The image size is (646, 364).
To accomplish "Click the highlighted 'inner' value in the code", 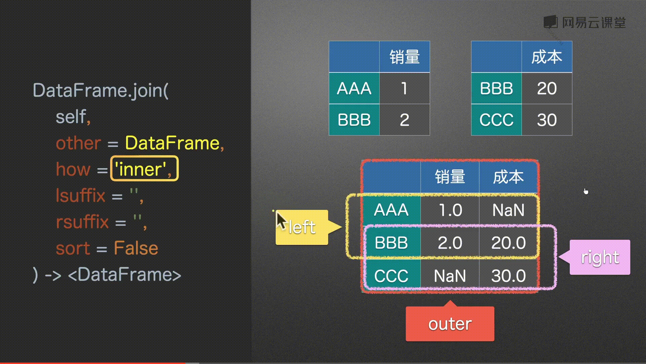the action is [x=144, y=169].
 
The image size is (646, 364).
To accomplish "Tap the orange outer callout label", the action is [x=450, y=324].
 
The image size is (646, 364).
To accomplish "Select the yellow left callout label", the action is [x=302, y=227].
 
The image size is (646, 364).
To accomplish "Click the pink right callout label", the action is [x=600, y=257].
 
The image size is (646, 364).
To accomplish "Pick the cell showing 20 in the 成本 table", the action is [x=547, y=88].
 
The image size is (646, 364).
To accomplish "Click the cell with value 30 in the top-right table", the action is [x=547, y=120].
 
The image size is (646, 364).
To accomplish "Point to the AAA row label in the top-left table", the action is [x=354, y=88].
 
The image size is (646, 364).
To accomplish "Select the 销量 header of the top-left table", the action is [x=404, y=57].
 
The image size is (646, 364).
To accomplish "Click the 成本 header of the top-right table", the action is [x=547, y=57].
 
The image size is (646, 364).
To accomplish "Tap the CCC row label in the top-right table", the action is [x=496, y=120].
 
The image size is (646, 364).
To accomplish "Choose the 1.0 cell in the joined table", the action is [x=450, y=210].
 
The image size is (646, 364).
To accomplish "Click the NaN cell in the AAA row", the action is [x=508, y=210].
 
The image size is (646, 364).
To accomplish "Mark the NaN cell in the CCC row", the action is [x=450, y=276].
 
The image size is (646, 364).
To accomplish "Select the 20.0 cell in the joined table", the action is [x=508, y=243].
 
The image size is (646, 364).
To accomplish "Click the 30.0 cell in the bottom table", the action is [x=508, y=276].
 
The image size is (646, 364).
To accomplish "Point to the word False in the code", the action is [x=136, y=248].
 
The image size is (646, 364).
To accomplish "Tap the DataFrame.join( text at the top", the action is [x=101, y=91].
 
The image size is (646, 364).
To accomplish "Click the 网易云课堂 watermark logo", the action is [x=585, y=23].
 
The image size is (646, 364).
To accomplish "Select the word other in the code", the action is [x=78, y=143].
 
